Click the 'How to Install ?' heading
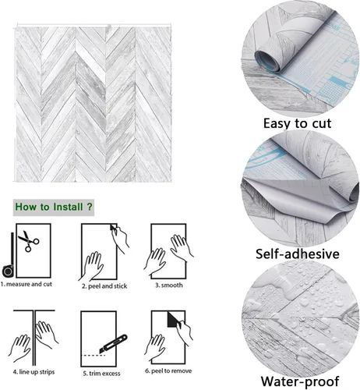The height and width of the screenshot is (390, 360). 54,207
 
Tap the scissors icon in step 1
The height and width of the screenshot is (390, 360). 29,241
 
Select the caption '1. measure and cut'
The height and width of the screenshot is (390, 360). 26,284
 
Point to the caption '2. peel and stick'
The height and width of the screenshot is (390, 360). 104,286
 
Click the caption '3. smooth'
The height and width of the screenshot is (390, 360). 169,285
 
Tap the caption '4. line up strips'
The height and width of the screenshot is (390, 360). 34,372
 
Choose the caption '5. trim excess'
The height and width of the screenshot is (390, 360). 101,374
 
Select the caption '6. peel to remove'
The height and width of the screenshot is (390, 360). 168,371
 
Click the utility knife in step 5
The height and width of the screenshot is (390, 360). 114,344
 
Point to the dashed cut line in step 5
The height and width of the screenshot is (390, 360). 93,355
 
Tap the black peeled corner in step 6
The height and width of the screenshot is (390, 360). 173,320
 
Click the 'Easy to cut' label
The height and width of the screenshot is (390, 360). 298,123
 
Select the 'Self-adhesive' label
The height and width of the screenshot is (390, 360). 298,253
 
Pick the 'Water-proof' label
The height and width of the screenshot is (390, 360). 300,381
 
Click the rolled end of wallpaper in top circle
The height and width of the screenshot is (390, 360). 267,61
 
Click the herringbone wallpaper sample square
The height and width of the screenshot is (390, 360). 94,104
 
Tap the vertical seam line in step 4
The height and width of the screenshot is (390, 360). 34,338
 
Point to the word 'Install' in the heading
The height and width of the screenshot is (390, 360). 68,207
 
